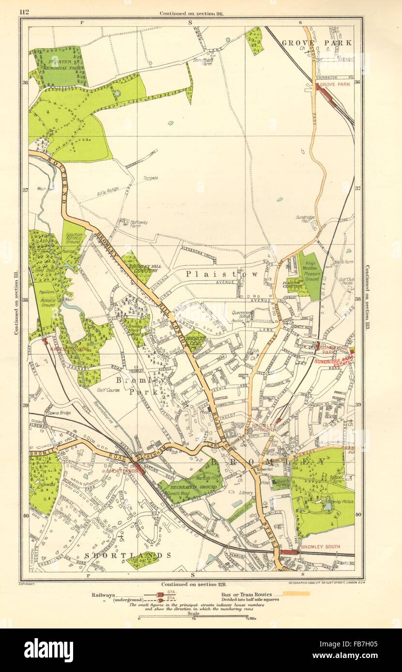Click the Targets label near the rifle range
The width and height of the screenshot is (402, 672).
pyautogui.click(x=150, y=178)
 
